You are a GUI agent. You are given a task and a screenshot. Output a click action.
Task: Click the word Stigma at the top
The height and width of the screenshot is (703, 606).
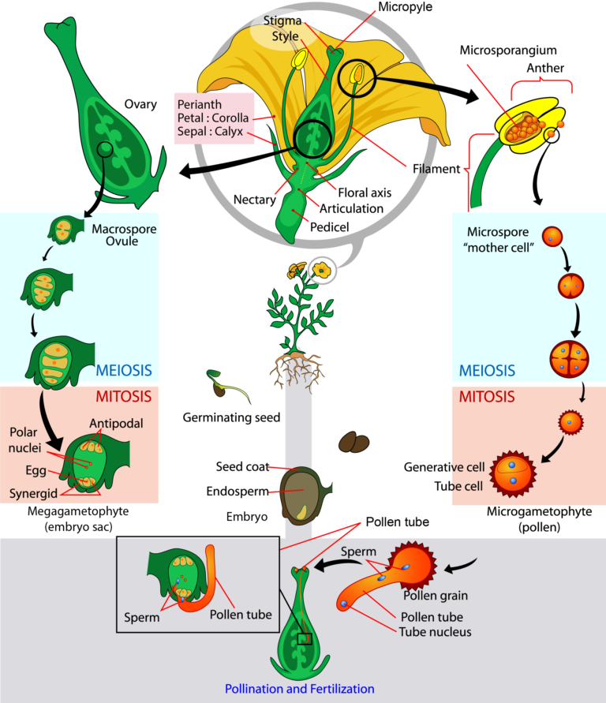pyautogui.click(x=282, y=21)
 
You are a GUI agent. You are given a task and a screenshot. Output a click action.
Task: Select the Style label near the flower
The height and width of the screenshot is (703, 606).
pyautogui.click(x=285, y=36)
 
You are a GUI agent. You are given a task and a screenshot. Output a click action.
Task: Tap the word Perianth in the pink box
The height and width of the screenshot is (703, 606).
pyautogui.click(x=200, y=104)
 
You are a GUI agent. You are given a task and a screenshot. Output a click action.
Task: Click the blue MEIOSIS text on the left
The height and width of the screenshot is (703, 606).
pyautogui.click(x=123, y=371)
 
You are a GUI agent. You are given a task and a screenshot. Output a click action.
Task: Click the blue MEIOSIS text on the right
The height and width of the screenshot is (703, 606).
pyautogui.click(x=487, y=371)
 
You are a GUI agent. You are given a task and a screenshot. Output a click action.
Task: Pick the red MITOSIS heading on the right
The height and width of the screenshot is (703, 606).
pyautogui.click(x=487, y=395)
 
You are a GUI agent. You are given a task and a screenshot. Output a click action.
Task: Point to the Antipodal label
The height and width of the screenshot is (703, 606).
pyautogui.click(x=116, y=424)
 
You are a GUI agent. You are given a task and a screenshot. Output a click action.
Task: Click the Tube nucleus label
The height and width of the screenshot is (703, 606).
pyautogui.click(x=435, y=631)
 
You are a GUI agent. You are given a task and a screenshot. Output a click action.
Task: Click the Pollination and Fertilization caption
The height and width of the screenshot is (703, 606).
pyautogui.click(x=299, y=689)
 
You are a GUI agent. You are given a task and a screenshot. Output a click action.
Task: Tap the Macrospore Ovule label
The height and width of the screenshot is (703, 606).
pyautogui.click(x=124, y=235)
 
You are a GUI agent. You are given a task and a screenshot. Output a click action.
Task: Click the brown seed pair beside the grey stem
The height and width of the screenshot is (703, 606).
pyautogui.click(x=353, y=443)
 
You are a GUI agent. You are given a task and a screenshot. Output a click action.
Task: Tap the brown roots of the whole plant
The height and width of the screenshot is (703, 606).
pyautogui.click(x=297, y=368)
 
